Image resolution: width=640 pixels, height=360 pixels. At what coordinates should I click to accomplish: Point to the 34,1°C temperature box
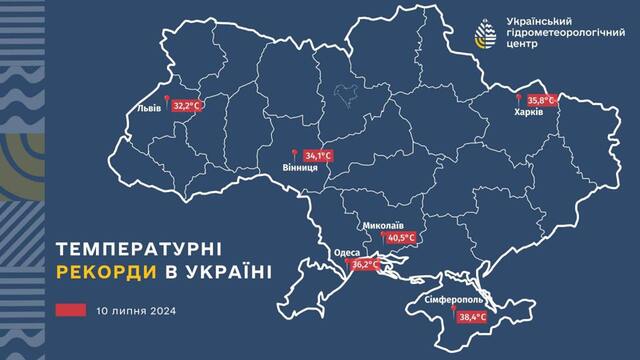pyautogui.click(x=317, y=156)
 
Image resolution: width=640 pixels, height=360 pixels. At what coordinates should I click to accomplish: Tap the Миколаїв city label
pyautogui.click(x=385, y=225)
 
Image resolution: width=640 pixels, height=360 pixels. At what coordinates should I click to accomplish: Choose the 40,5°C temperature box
pyautogui.click(x=401, y=239)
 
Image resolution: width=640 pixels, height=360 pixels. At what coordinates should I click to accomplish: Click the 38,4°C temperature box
pyautogui.click(x=472, y=317)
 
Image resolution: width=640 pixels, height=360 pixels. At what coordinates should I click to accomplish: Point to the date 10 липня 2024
pyautogui.click(x=131, y=311)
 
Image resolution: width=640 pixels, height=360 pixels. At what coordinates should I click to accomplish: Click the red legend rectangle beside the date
pyautogui.click(x=70, y=311)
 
